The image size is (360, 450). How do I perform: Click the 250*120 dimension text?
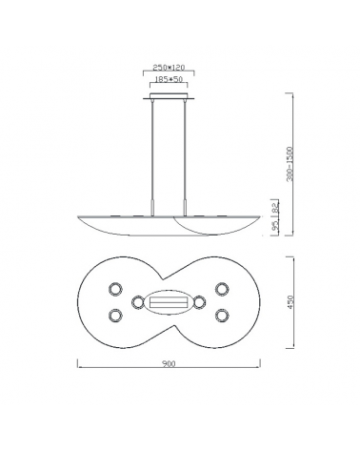click(x=170, y=69)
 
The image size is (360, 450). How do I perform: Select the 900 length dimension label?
click(x=169, y=364)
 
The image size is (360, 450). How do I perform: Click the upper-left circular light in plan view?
click(x=115, y=288)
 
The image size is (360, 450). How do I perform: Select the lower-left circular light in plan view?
click(x=115, y=315)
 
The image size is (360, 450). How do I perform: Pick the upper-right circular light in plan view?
click(x=222, y=288)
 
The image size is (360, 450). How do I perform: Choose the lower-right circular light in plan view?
click(x=222, y=315)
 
